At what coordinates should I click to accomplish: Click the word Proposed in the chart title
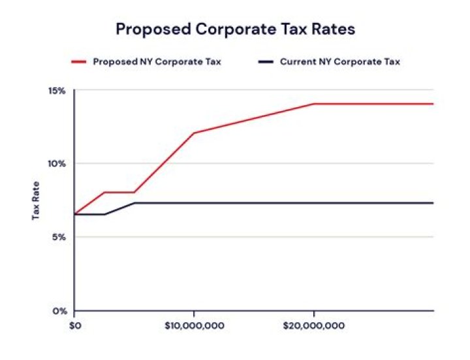153,29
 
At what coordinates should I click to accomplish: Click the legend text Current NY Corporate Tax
339,62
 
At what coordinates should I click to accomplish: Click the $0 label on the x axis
75,323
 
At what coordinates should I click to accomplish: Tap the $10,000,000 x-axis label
194,323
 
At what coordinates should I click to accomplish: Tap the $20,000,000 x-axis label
314,323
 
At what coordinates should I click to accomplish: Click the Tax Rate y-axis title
37,200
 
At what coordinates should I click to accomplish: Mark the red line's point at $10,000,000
194,133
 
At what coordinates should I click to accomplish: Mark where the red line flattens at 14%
314,104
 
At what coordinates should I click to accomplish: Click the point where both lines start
75,214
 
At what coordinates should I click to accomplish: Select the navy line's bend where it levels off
134,203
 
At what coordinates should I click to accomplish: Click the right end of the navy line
433,203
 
